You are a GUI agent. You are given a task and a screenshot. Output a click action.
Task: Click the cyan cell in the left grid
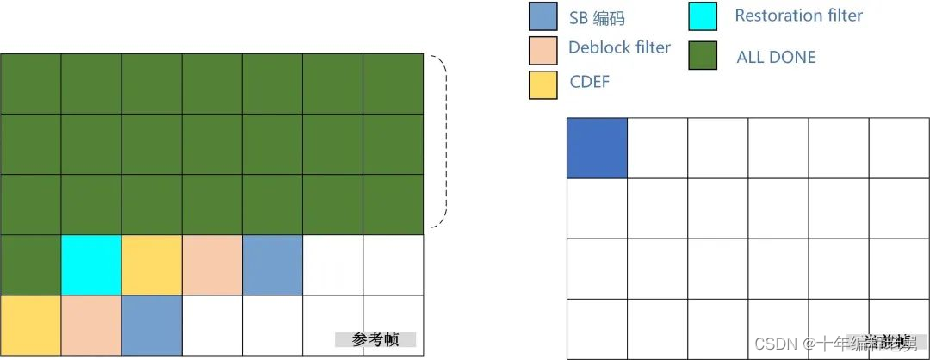[91, 264]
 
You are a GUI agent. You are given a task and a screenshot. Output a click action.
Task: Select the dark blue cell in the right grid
[597, 148]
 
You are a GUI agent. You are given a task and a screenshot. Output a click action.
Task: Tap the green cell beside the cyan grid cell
[31, 264]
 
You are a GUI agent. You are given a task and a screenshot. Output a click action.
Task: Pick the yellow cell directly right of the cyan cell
[152, 264]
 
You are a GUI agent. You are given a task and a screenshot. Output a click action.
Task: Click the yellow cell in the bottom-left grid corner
[31, 325]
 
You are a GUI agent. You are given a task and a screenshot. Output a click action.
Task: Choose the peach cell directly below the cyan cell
[91, 325]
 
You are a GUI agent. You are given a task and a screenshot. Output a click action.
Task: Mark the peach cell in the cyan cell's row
[212, 264]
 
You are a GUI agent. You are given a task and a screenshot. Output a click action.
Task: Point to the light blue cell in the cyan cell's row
[272, 264]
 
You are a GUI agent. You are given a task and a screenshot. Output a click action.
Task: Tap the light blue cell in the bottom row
[152, 325]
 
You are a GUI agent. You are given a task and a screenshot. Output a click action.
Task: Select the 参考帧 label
[375, 339]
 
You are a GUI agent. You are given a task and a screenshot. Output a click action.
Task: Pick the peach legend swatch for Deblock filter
[543, 50]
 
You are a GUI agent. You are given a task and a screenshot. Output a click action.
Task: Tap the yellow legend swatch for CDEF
[543, 84]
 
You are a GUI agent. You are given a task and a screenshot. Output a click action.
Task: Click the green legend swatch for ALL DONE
[704, 55]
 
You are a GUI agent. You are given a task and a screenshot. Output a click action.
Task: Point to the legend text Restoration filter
[798, 16]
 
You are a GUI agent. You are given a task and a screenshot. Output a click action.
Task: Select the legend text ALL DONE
[776, 58]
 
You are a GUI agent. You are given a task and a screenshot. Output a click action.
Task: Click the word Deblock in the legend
[596, 47]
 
